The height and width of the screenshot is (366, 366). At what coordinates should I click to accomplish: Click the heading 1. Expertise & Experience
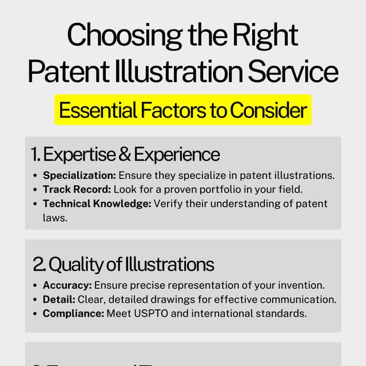click(x=125, y=154)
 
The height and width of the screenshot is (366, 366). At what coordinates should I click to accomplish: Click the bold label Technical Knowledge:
click(x=97, y=204)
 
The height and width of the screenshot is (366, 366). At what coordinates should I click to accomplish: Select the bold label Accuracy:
click(x=67, y=285)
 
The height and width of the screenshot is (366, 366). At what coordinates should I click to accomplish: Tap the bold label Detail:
click(x=58, y=299)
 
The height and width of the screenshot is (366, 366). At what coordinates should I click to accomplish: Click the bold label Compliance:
click(x=73, y=313)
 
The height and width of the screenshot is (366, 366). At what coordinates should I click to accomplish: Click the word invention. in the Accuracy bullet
click(x=304, y=285)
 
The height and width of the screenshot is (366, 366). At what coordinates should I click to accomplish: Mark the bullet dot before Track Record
click(x=36, y=189)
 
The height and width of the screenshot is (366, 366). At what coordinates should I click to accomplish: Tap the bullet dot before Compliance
click(x=36, y=313)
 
